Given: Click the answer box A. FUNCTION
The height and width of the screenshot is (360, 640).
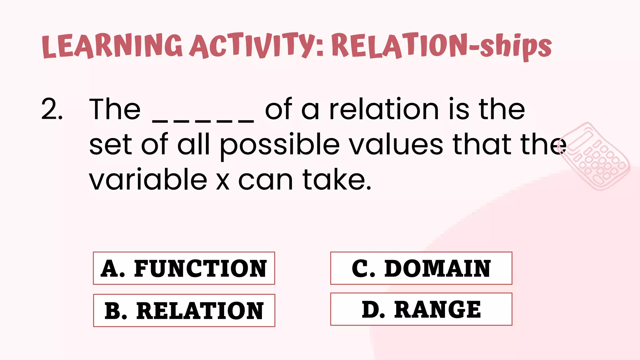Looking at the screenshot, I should pyautogui.click(x=184, y=268).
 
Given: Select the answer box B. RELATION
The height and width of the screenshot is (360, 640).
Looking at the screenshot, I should pyautogui.click(x=184, y=310).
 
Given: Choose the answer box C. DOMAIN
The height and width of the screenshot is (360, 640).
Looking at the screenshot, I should pyautogui.click(x=421, y=268).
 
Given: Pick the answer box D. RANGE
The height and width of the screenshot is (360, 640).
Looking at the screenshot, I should pyautogui.click(x=421, y=309).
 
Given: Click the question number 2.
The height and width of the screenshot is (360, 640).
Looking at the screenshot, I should pyautogui.click(x=51, y=109).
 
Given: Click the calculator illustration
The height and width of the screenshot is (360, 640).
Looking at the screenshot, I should pyautogui.click(x=595, y=156).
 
